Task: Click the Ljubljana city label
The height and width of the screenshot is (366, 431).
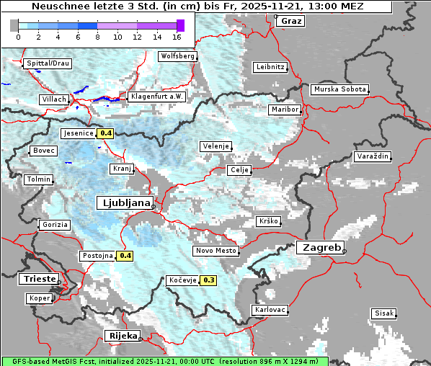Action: click(124, 203)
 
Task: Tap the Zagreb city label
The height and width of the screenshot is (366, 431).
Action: click(319, 248)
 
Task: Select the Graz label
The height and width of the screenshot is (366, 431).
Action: click(290, 21)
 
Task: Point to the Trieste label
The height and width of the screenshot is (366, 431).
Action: click(38, 279)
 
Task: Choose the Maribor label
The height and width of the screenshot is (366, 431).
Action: click(284, 110)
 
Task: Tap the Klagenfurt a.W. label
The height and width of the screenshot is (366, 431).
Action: click(157, 96)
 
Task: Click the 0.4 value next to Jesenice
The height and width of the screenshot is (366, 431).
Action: click(106, 133)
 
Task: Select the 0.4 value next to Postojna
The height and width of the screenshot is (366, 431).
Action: click(125, 256)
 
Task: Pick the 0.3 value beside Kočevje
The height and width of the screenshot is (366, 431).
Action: click(209, 280)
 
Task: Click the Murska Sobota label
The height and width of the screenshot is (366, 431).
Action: click(339, 90)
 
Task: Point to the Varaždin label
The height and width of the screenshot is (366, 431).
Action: click(372, 156)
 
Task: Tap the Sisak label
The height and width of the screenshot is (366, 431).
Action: click(383, 313)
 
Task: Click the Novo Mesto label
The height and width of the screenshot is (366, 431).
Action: click(215, 251)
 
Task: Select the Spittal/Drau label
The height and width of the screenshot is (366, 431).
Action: click(48, 63)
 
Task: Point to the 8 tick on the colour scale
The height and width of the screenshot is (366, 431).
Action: click(97, 37)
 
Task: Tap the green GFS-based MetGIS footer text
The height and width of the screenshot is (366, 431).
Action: click(164, 361)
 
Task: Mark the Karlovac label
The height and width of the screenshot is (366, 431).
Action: click(270, 310)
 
